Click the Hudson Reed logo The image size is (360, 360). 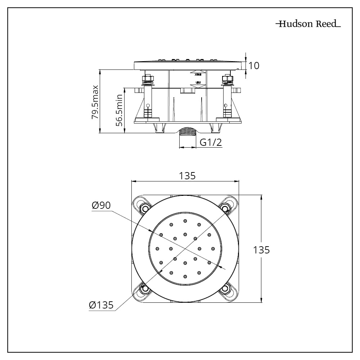308,24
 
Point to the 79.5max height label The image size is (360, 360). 95,102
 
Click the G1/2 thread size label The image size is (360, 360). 211,143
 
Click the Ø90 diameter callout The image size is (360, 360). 101,206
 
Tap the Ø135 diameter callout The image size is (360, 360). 102,305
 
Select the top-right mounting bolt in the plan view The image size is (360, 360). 225,208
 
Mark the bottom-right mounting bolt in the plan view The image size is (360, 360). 225,288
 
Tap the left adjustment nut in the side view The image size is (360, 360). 147,79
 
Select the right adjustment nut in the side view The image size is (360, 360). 227,79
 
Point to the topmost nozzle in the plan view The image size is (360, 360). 185,221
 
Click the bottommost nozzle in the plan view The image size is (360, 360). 185,276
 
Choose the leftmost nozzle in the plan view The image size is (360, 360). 157,248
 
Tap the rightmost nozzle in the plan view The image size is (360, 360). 213,248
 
